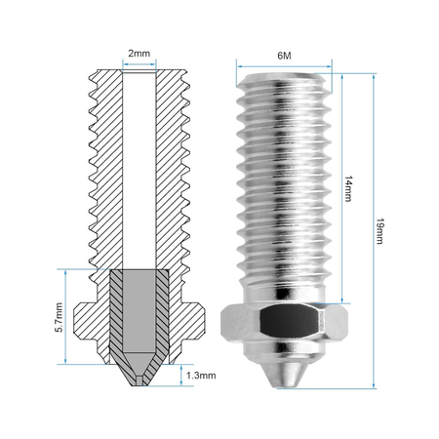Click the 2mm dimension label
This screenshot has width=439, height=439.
coord(140,54)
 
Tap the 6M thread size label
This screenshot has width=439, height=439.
coord(284,56)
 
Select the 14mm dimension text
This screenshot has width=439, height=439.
coord(348,188)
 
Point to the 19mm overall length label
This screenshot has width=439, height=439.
coord(379,231)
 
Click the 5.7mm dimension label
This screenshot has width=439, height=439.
coord(59,317)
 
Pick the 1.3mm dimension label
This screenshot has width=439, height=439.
coord(201,376)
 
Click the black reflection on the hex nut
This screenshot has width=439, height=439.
coord(288,319)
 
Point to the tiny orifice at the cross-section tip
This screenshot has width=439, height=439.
coord(140,380)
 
